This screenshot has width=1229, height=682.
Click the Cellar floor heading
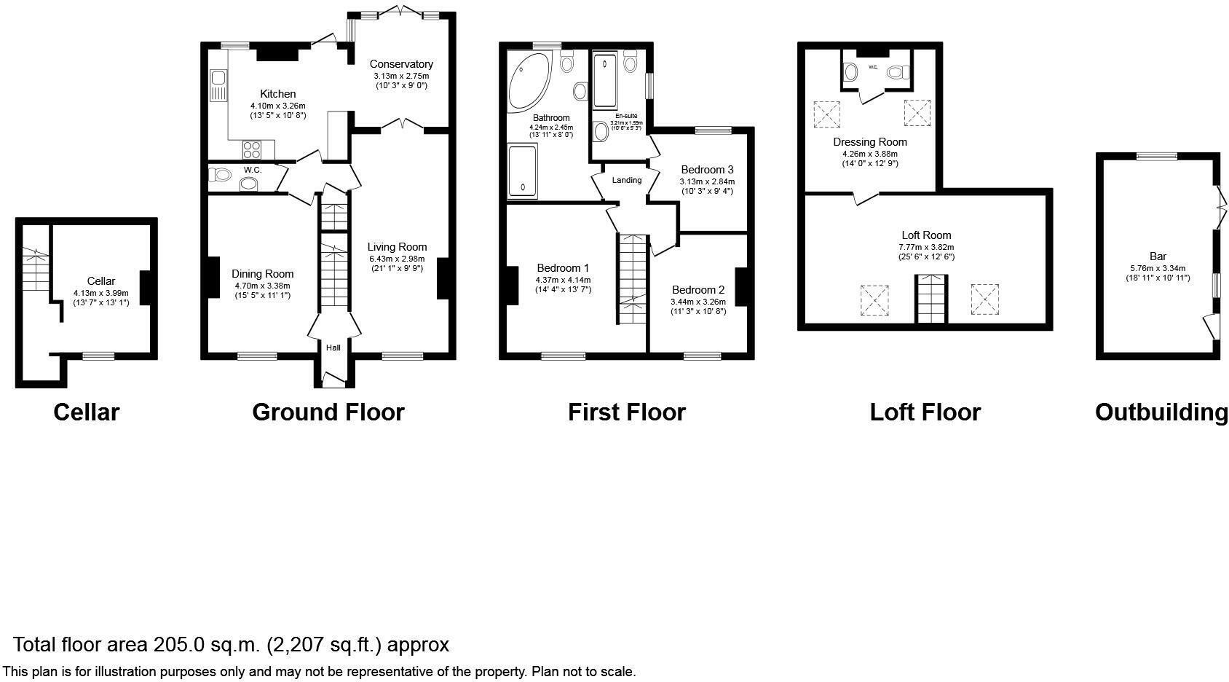tap(86, 412)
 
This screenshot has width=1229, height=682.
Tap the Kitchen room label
tap(278, 94)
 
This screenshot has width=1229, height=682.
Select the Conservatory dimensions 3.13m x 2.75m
tap(401, 76)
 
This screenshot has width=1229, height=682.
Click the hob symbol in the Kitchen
tap(252, 150)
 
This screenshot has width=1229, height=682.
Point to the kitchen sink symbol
tap(218, 85)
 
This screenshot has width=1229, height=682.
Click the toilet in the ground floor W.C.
tap(218, 175)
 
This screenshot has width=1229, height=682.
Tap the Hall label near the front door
tap(333, 348)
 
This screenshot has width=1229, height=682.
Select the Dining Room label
tap(263, 274)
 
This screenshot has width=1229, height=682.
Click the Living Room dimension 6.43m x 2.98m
tap(397, 259)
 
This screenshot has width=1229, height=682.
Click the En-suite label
tap(626, 116)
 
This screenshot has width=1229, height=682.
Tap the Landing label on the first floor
tap(627, 180)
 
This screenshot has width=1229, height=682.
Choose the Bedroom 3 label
tap(707, 170)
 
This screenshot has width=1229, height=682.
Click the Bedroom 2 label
tap(698, 290)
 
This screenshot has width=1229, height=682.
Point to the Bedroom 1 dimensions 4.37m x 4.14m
tap(563, 280)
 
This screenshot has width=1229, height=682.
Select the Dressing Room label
tap(870, 142)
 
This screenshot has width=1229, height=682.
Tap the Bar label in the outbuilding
tap(1158, 256)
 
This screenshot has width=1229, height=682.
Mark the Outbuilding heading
tap(1161, 412)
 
